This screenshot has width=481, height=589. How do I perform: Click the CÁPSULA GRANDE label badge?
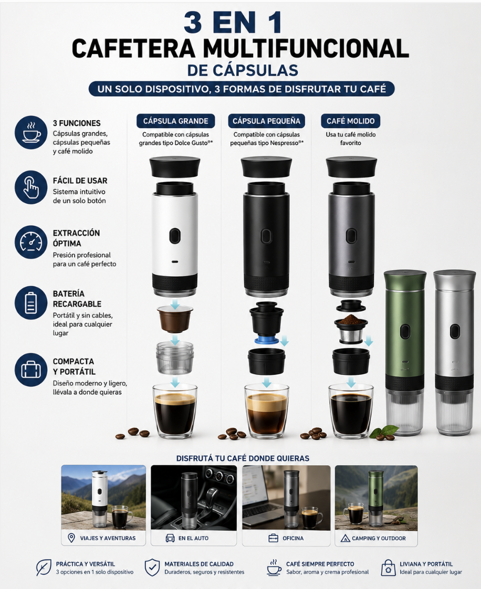(175, 121)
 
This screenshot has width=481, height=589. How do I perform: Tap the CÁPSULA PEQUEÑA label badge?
(266, 121)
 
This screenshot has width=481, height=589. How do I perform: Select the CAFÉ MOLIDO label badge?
(351, 121)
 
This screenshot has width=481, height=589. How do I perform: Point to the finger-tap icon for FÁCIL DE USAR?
(31, 187)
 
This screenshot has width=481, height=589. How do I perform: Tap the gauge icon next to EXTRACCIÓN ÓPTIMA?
(31, 243)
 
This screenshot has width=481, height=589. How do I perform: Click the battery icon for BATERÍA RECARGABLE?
(31, 303)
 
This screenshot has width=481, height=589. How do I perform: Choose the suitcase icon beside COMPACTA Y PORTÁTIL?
(31, 370)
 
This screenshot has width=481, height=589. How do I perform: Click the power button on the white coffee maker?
(175, 236)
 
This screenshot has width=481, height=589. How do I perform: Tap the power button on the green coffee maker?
(405, 331)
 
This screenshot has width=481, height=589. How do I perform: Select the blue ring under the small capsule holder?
(266, 340)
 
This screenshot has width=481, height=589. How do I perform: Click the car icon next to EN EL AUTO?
(170, 538)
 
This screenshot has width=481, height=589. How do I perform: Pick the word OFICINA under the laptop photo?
(293, 538)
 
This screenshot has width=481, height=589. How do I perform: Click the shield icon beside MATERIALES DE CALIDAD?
(152, 567)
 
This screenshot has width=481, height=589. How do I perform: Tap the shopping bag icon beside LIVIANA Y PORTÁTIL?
(388, 568)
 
